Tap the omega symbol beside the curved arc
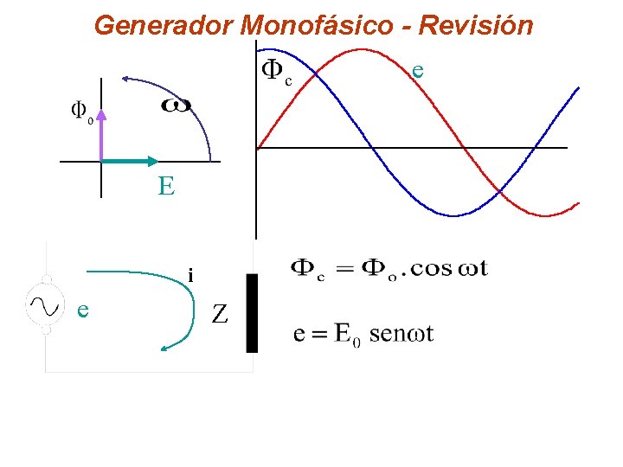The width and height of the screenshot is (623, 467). (177, 106)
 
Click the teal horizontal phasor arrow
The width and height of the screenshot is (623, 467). (129, 160)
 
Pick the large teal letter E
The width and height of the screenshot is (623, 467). (166, 186)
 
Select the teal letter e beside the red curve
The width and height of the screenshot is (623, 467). (418, 68)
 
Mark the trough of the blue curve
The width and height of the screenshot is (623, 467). (452, 215)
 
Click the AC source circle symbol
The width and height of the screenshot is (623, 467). (46, 304)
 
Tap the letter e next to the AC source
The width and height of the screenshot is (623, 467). (82, 309)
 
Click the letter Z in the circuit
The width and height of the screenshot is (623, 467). (220, 315)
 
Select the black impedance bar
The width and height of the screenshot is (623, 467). (252, 313)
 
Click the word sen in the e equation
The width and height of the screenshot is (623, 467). (387, 334)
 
